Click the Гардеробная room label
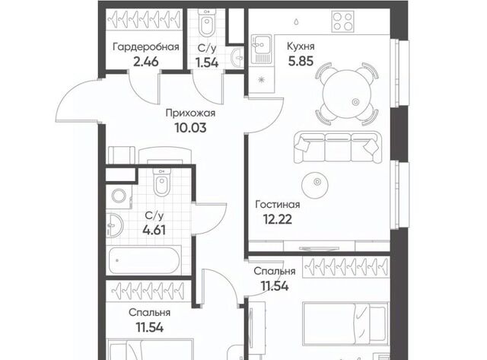pyautogui.click(x=146, y=47)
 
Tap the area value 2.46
pyautogui.click(x=145, y=62)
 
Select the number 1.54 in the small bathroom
pyautogui.click(x=207, y=62)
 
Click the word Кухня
pyautogui.click(x=301, y=46)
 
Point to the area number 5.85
pyautogui.click(x=301, y=61)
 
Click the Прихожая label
pyautogui.click(x=190, y=113)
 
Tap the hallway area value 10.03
pyautogui.click(x=190, y=128)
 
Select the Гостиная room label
pyautogui.click(x=277, y=205)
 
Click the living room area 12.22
pyautogui.click(x=277, y=220)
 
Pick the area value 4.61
pyautogui.click(x=154, y=230)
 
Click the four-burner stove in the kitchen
pyautogui.click(x=343, y=21)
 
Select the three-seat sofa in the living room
pyautogui.click(x=338, y=147)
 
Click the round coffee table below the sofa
pyautogui.click(x=315, y=185)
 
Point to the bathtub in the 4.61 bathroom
pyautogui.click(x=144, y=260)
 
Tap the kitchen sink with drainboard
pyautogui.click(x=261, y=49)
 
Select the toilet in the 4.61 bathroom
pyautogui.click(x=161, y=183)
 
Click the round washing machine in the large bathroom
pyautogui.click(x=119, y=196)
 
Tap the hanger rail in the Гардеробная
pyautogui.click(x=144, y=20)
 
